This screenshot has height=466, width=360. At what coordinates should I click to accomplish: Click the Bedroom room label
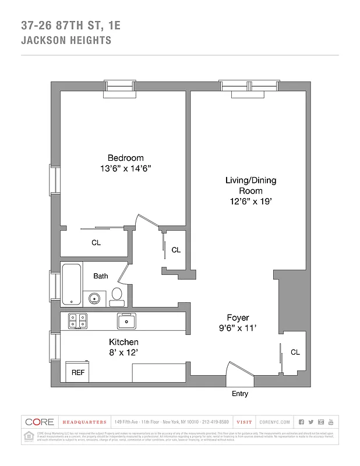click(125, 158)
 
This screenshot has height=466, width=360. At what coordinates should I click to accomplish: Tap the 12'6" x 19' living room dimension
click(250, 202)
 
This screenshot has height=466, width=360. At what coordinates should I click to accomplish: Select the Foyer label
click(238, 317)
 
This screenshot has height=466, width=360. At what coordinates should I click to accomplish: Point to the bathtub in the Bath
click(72, 284)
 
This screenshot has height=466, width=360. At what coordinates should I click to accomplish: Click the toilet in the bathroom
click(117, 296)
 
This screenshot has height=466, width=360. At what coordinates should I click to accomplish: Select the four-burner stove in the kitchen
click(78, 320)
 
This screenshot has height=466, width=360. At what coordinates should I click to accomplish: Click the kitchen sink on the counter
click(126, 320)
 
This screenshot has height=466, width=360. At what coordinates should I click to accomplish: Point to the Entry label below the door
click(240, 394)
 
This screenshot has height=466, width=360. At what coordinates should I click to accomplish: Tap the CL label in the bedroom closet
click(96, 243)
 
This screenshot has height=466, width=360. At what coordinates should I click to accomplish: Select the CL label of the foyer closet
click(295, 352)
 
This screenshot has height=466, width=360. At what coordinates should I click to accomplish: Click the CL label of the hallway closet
click(175, 250)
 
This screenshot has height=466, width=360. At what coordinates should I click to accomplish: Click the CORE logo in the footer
click(39, 422)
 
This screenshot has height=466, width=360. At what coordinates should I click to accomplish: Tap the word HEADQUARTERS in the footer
click(84, 422)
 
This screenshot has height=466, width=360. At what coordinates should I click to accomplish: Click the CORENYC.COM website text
click(274, 422)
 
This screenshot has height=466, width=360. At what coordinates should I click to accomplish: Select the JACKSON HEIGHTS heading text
click(66, 41)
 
